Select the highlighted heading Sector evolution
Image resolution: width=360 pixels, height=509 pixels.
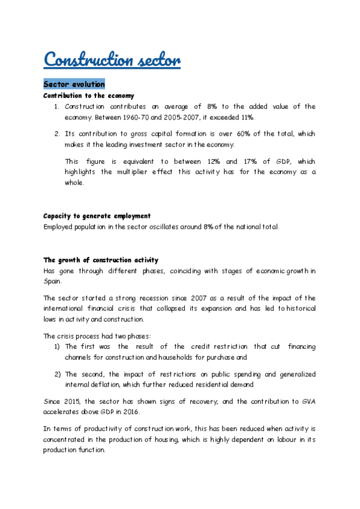point(74,84)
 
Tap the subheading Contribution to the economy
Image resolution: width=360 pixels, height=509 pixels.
point(89,96)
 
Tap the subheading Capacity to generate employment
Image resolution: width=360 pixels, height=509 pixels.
point(97,215)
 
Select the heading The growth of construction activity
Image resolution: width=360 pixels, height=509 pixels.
point(101,260)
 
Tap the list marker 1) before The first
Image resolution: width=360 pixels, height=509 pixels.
point(58,347)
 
